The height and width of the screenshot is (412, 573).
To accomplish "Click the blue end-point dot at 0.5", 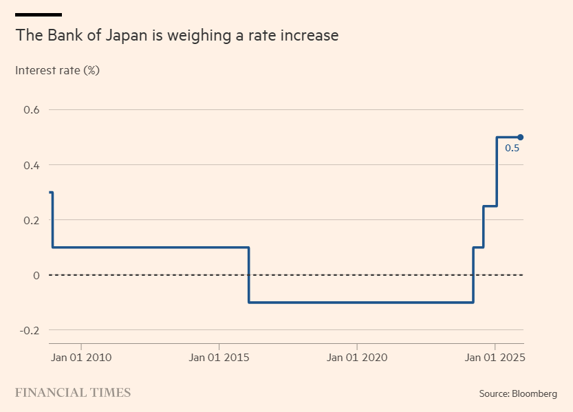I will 521,137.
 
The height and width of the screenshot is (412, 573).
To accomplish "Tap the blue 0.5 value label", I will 512,148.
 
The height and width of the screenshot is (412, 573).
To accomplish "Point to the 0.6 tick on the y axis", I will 32,110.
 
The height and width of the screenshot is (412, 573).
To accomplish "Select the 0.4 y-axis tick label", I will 32,165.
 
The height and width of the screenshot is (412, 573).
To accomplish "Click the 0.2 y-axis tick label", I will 32,220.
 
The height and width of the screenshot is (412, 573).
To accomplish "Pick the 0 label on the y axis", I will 36,275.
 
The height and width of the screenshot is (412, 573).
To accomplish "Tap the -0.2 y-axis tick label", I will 30,330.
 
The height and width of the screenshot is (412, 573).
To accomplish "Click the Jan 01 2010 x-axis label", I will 81,358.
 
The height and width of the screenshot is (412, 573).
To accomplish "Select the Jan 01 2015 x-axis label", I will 219,358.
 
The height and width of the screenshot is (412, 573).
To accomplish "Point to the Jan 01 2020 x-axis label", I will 357,358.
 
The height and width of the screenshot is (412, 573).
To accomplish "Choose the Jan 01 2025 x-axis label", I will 495,358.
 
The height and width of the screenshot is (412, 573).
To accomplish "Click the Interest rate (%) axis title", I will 58,70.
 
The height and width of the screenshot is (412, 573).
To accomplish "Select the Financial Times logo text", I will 73,393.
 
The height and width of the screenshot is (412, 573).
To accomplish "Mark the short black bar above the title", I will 39,14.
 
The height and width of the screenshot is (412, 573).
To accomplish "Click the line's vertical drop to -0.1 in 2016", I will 248,275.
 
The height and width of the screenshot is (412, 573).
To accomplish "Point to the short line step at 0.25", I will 490,206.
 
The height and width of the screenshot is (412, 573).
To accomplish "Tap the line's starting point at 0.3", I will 51,193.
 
